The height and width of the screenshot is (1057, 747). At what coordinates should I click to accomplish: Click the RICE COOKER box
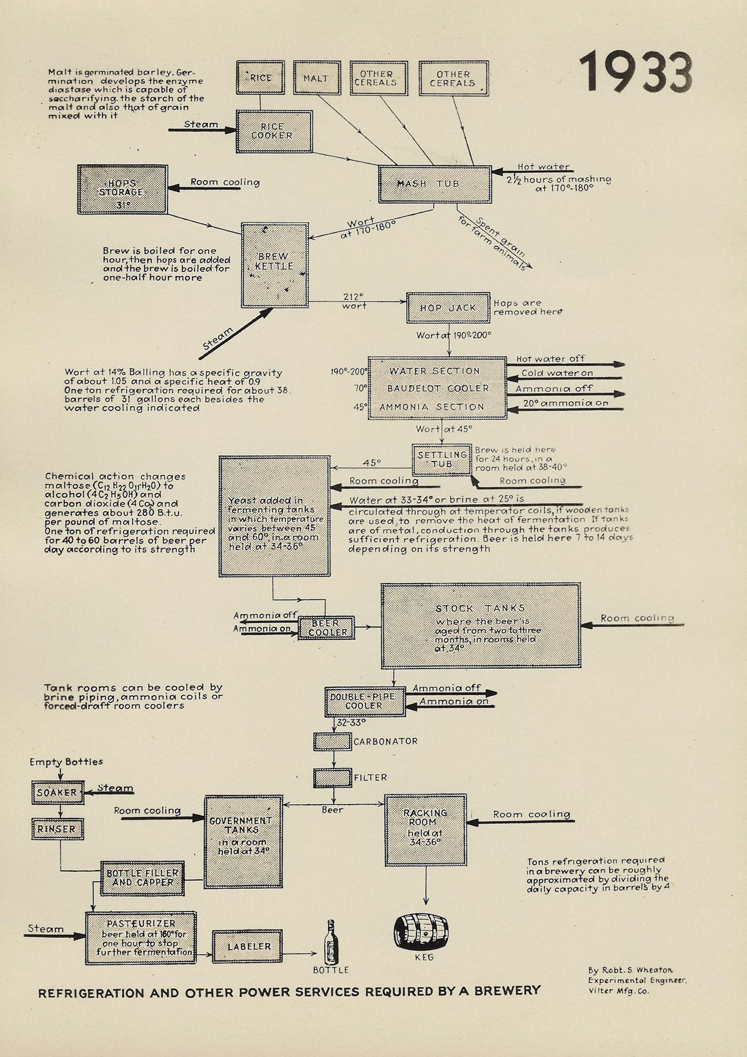274,131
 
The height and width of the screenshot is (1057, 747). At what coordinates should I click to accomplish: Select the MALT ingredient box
316,78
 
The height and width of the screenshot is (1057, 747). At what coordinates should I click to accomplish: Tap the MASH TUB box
435,184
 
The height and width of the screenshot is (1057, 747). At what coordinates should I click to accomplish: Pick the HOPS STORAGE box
123,189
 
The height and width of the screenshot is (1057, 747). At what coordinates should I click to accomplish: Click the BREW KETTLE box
275,265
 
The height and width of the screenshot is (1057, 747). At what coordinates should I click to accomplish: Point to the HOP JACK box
448,308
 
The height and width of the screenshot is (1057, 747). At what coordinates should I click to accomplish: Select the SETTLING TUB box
442,459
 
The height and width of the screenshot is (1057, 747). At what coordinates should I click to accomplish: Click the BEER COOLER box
326,628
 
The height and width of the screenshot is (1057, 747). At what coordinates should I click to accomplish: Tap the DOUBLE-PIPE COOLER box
365,701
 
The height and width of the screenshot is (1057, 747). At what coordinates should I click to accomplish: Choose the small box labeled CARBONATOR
332,741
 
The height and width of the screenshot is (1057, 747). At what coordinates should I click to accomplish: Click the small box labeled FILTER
332,778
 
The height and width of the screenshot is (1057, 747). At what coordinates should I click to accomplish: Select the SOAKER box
57,792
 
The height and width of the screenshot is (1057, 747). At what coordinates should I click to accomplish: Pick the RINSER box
57,829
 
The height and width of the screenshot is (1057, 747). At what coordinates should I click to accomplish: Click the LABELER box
247,946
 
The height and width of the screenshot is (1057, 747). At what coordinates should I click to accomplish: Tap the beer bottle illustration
331,943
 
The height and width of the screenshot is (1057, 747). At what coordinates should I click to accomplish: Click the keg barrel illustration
421,931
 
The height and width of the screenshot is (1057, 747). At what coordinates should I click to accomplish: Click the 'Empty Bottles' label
66,762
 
